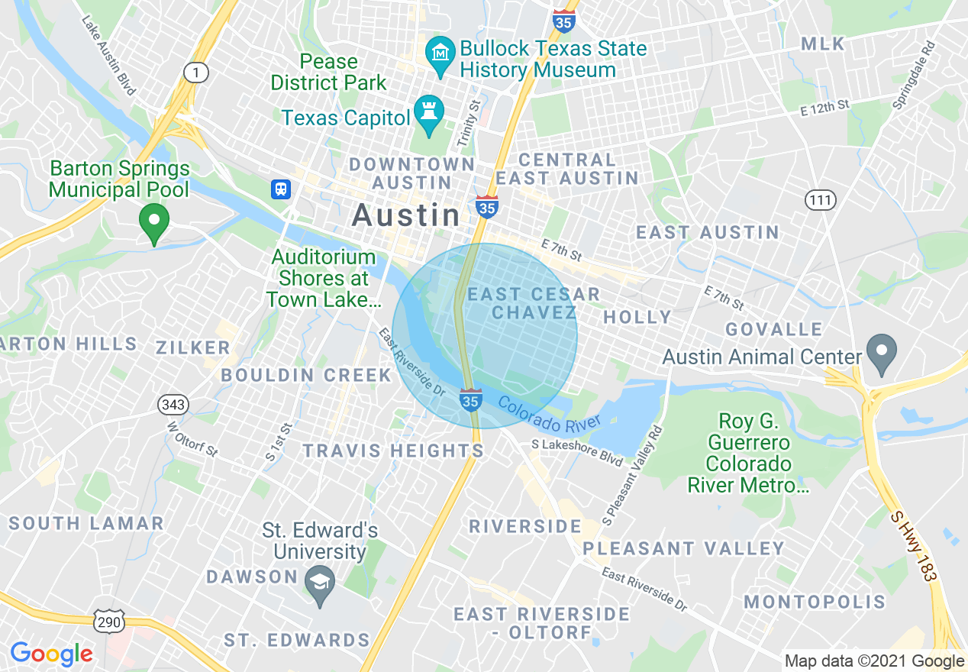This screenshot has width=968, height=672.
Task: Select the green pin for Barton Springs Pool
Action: (x=154, y=223)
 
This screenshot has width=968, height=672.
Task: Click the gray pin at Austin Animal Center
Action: (x=882, y=354)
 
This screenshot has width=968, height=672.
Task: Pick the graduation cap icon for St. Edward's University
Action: (x=320, y=584)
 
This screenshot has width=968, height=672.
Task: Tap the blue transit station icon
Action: (x=281, y=189)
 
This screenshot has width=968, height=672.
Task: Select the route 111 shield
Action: (x=821, y=201)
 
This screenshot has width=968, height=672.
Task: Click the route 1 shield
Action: (x=196, y=73)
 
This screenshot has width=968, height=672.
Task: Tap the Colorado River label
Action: (x=549, y=415)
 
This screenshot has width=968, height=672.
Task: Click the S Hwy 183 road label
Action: (x=913, y=545)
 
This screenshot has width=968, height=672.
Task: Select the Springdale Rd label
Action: (x=914, y=74)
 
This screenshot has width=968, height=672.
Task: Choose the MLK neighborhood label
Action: (x=823, y=44)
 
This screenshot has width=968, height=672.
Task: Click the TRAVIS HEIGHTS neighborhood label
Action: (x=393, y=451)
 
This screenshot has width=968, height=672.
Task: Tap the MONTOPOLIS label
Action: (x=815, y=602)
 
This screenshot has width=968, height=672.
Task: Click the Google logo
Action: (x=51, y=654)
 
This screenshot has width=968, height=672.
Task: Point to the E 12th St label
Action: (x=824, y=108)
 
